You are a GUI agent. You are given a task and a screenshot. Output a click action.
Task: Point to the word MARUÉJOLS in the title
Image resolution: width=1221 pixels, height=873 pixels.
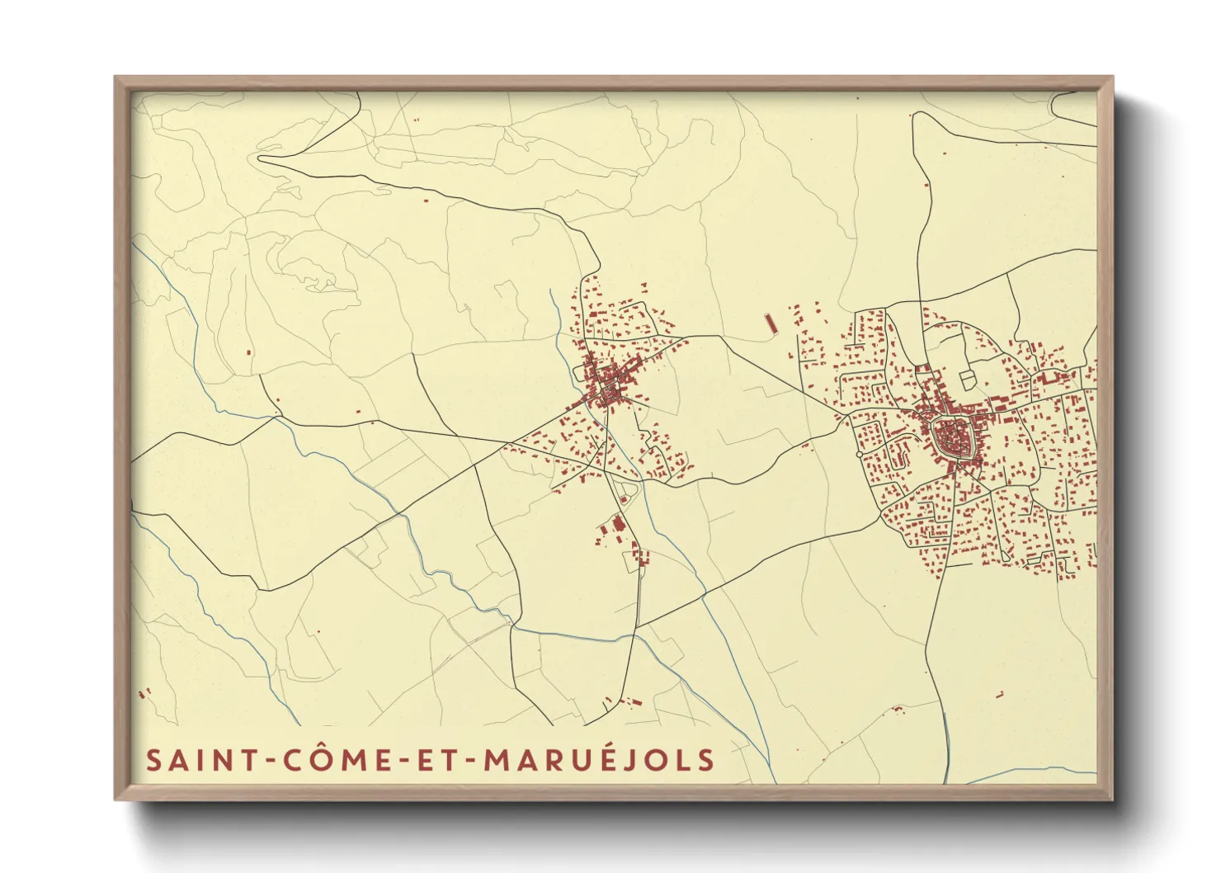(x=599, y=760)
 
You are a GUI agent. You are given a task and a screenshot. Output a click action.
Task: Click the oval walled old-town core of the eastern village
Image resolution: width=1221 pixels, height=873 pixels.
(x=953, y=437)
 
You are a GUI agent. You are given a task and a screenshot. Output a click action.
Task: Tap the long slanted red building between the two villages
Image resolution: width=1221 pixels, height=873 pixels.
(x=771, y=323)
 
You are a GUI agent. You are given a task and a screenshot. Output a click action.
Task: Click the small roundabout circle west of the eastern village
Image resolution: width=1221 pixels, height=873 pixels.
(x=860, y=455)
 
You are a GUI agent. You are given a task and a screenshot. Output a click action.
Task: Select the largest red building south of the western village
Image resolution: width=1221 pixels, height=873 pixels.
(x=615, y=525)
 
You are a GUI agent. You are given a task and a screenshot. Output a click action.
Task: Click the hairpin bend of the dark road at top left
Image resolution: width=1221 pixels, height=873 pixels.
(x=262, y=158)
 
